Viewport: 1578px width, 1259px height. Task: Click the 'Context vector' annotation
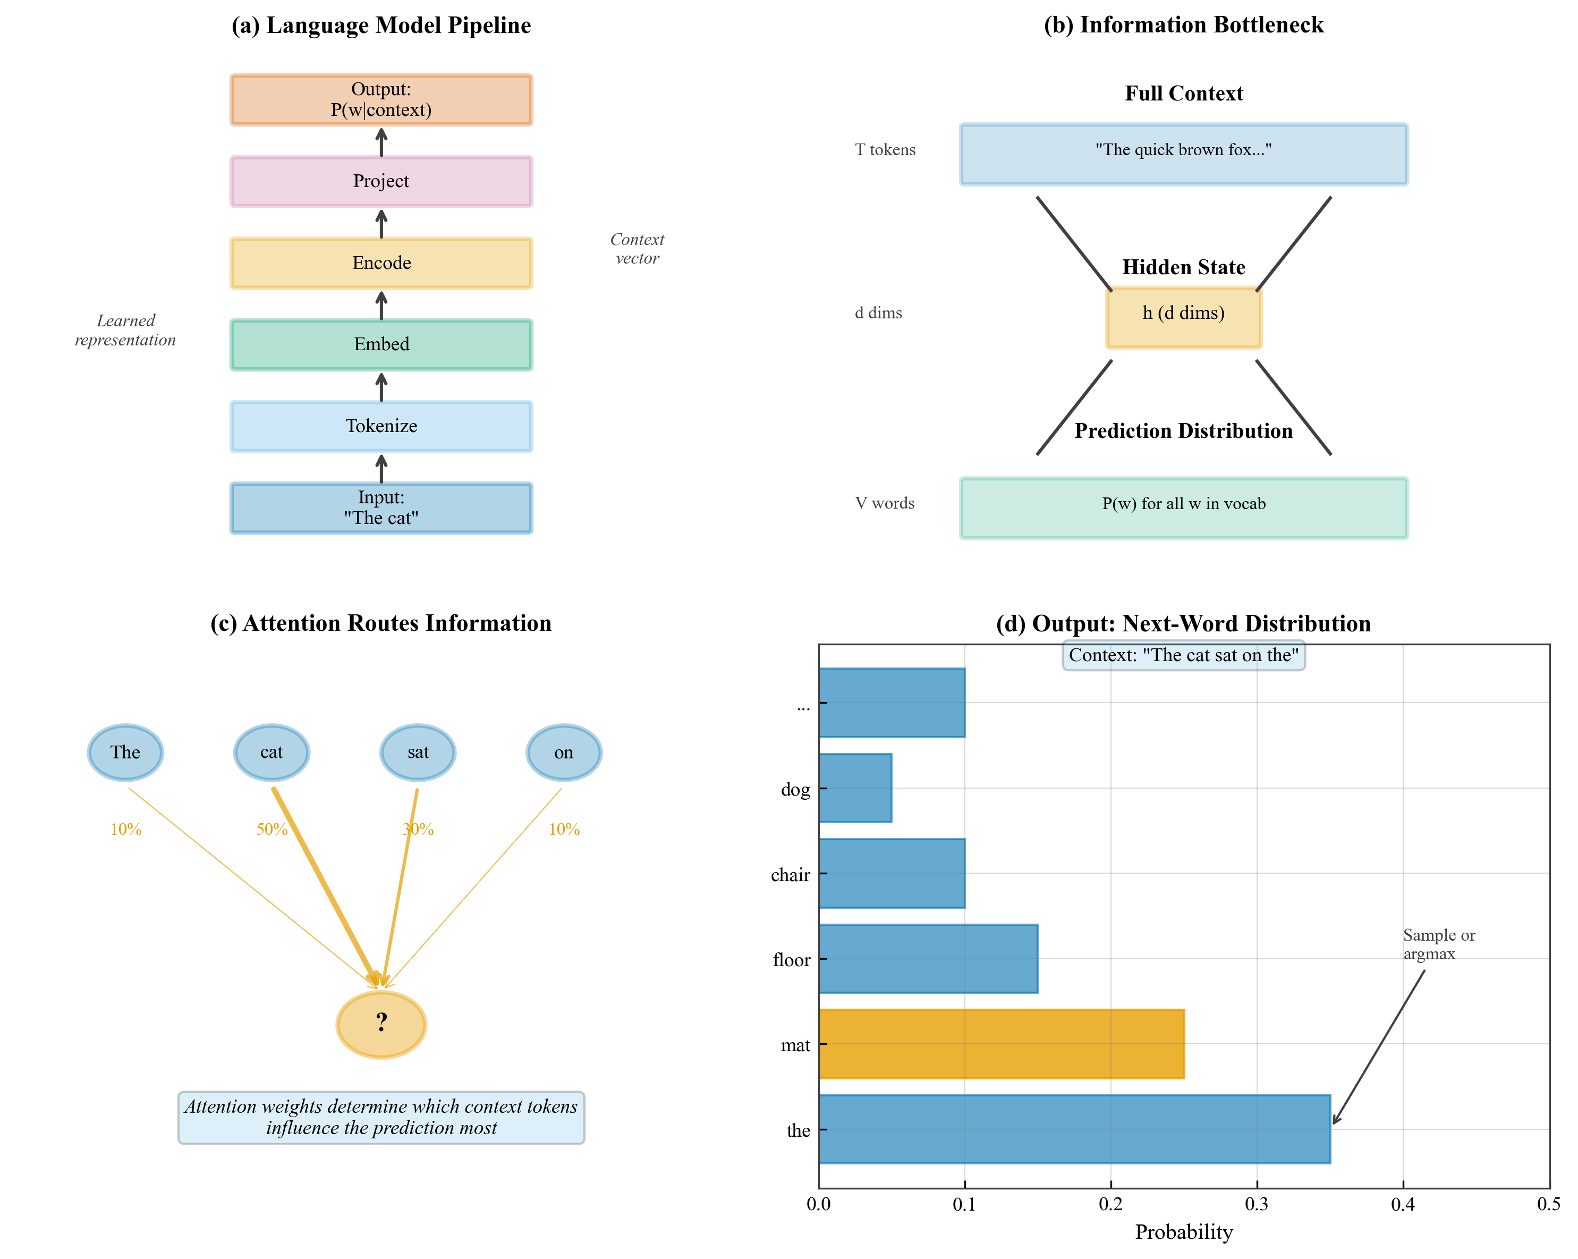click(637, 249)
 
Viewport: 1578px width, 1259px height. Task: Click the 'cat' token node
click(272, 752)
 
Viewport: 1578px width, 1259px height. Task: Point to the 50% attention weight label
click(272, 830)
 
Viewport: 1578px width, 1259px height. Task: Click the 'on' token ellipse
click(564, 752)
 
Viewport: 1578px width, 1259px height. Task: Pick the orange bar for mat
click(1000, 1044)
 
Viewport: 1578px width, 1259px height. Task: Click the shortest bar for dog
click(855, 788)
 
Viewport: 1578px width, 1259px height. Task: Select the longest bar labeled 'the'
click(1074, 1129)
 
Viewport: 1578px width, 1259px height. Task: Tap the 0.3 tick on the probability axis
click(1257, 1205)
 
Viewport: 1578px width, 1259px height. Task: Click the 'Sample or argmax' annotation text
click(1438, 944)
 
